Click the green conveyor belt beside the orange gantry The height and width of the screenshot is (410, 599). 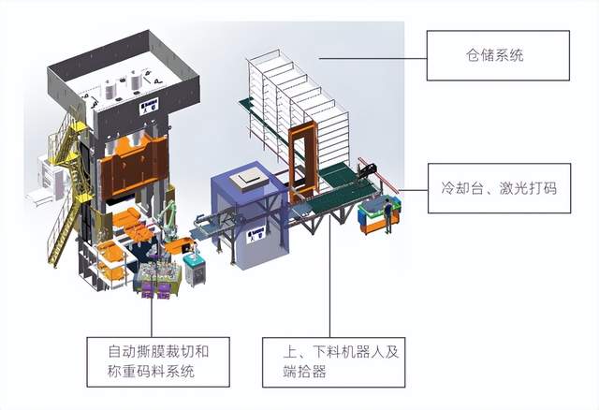(332, 192)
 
